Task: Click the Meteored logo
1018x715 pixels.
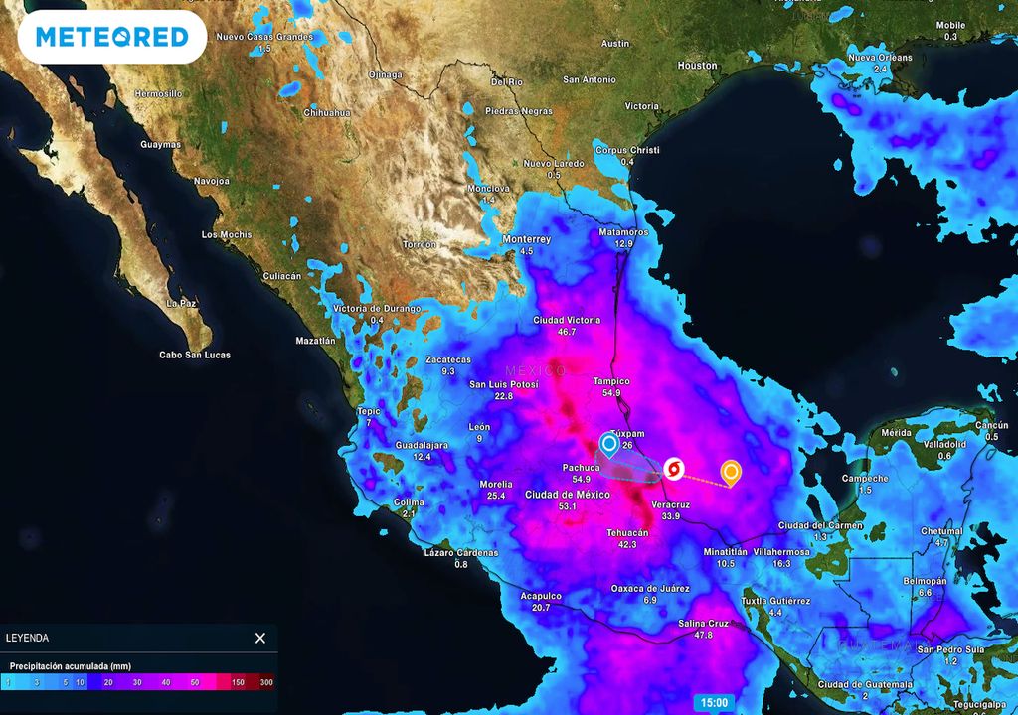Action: pyautogui.click(x=111, y=38)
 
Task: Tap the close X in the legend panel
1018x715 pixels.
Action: pyautogui.click(x=260, y=638)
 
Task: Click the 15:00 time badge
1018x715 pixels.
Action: pyautogui.click(x=714, y=703)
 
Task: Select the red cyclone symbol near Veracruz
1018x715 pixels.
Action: pyautogui.click(x=674, y=468)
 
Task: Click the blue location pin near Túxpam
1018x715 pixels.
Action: pyautogui.click(x=609, y=444)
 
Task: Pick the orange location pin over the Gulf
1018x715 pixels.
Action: pyautogui.click(x=731, y=472)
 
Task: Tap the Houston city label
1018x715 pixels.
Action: pyautogui.click(x=697, y=66)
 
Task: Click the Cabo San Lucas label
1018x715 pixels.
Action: pyautogui.click(x=195, y=355)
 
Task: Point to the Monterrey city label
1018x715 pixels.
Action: pyautogui.click(x=527, y=239)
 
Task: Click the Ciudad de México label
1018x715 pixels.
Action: pyautogui.click(x=568, y=495)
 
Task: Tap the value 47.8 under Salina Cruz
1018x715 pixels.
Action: pyautogui.click(x=703, y=635)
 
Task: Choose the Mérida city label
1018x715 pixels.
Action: pyautogui.click(x=896, y=433)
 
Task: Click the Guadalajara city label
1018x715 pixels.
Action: pyautogui.click(x=423, y=445)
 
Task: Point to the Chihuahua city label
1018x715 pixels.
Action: pyautogui.click(x=327, y=113)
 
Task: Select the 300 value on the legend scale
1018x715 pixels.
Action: pyautogui.click(x=266, y=683)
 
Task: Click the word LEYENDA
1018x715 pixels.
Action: pyautogui.click(x=27, y=638)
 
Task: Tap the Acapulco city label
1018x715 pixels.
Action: pyautogui.click(x=541, y=596)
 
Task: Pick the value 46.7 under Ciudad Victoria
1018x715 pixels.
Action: pyautogui.click(x=568, y=332)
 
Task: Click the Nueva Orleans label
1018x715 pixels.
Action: pyautogui.click(x=879, y=58)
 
